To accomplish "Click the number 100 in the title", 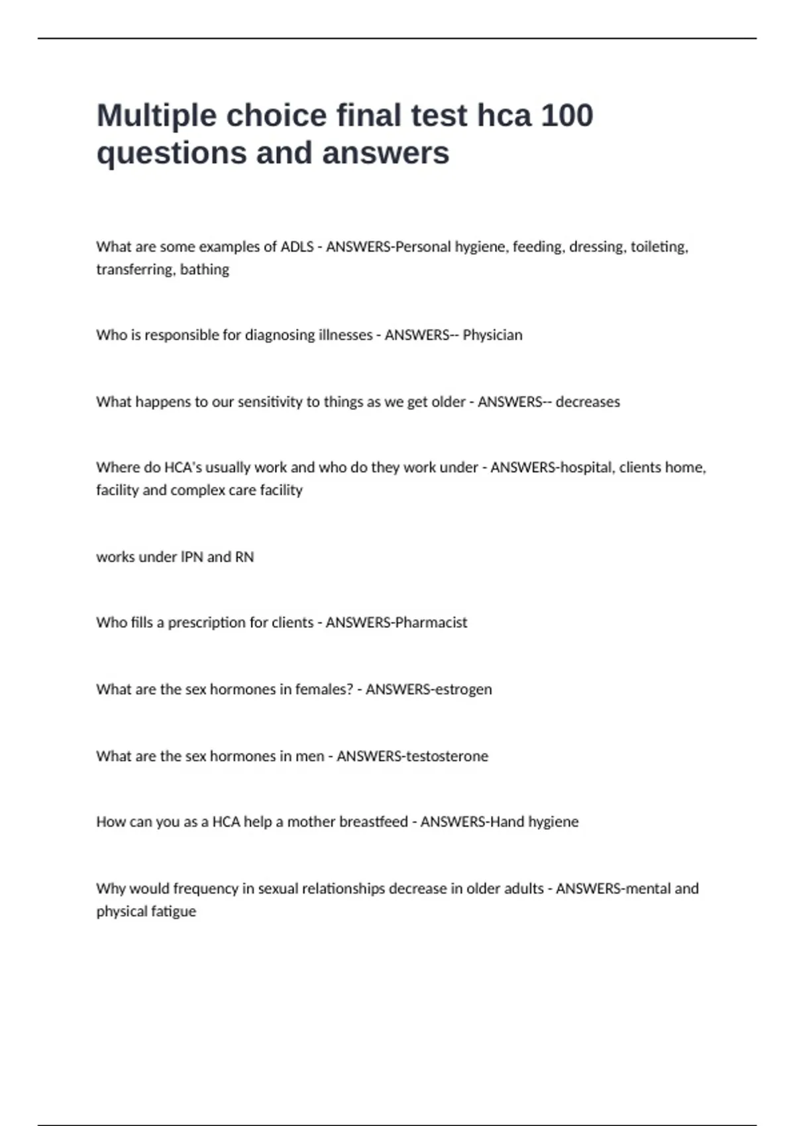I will tap(566, 115).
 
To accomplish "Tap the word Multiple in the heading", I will tap(156, 117).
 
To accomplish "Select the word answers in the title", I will tap(386, 153).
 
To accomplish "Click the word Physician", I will tap(492, 335).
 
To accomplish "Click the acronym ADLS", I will tap(297, 247).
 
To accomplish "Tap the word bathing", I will tap(204, 270).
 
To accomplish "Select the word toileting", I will tap(659, 247).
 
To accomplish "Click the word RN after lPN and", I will tap(244, 557).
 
